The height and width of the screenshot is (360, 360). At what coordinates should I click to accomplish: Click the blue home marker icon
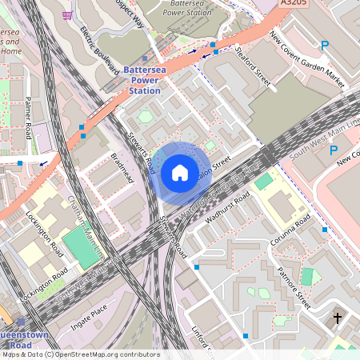tap(180, 172)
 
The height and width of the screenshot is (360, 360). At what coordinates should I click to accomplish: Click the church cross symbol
tap(337, 318)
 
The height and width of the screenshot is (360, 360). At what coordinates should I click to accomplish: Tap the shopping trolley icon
tap(67, 14)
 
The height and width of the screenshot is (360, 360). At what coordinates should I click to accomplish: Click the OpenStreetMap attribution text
tap(80, 354)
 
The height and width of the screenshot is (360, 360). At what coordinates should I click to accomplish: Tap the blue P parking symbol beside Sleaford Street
tap(324, 46)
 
